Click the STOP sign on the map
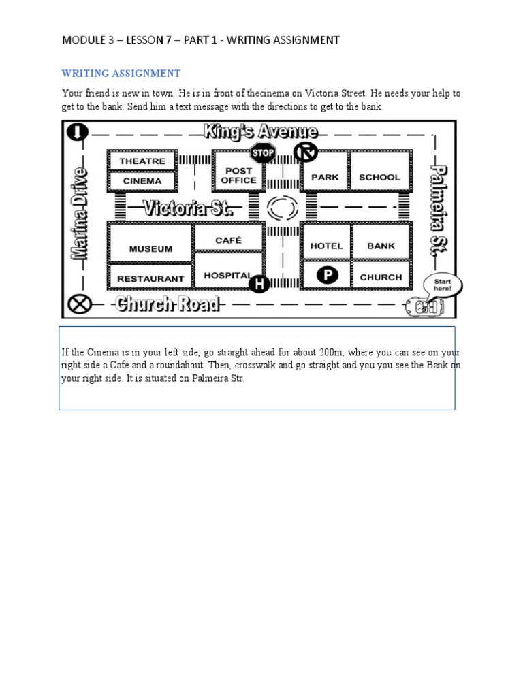tap(263, 152)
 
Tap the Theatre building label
tap(142, 161)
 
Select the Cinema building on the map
tap(142, 181)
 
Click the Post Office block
tap(238, 176)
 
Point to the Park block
tap(325, 177)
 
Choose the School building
tap(379, 177)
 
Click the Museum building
tap(150, 249)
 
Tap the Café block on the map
tap(228, 240)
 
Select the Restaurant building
tap(150, 278)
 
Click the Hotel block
tap(326, 246)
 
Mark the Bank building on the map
tap(381, 246)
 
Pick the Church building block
tap(381, 277)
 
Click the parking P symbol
tap(328, 276)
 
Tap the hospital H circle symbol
tap(258, 282)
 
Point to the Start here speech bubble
tap(442, 285)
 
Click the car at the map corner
tap(424, 307)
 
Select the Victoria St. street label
tap(188, 208)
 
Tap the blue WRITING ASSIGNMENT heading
tap(121, 73)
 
